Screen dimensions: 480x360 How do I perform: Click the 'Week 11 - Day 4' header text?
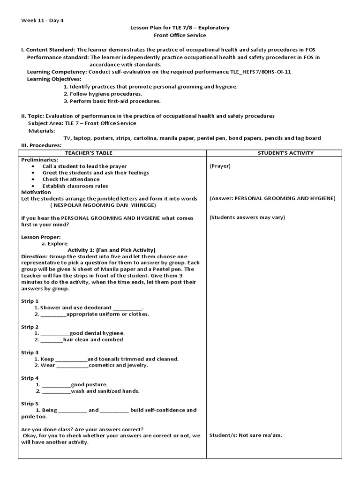tap(43, 20)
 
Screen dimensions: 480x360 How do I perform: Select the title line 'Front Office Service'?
tap(180, 35)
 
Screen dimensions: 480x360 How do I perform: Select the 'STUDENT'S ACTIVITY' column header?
tap(285, 153)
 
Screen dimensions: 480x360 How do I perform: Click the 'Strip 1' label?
tap(30, 301)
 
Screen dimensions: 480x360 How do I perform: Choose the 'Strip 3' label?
tap(30, 352)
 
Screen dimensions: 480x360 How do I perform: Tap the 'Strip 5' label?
tap(30, 404)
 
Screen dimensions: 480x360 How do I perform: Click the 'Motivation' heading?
tap(36, 192)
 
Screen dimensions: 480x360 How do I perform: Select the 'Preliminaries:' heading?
tap(39, 159)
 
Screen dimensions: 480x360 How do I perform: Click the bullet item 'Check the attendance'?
tap(71, 179)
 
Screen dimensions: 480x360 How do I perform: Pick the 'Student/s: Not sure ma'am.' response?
tap(246, 435)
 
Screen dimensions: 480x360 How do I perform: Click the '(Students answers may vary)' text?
tap(247, 217)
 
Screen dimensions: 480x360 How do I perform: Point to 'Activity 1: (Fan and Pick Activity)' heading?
tap(112, 250)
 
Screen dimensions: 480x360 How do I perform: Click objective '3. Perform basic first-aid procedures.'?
tap(112, 101)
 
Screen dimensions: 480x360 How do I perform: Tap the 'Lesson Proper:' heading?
tap(41, 237)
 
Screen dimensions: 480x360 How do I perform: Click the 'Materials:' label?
tap(42, 130)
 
